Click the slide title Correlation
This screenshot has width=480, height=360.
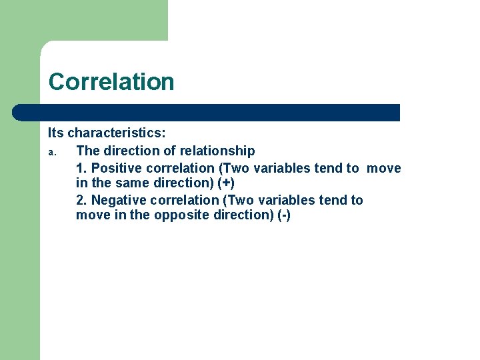(111, 82)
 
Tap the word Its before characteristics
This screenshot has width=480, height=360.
(56, 133)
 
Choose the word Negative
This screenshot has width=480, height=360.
(121, 200)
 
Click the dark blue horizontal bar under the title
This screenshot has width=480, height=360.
(207, 113)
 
